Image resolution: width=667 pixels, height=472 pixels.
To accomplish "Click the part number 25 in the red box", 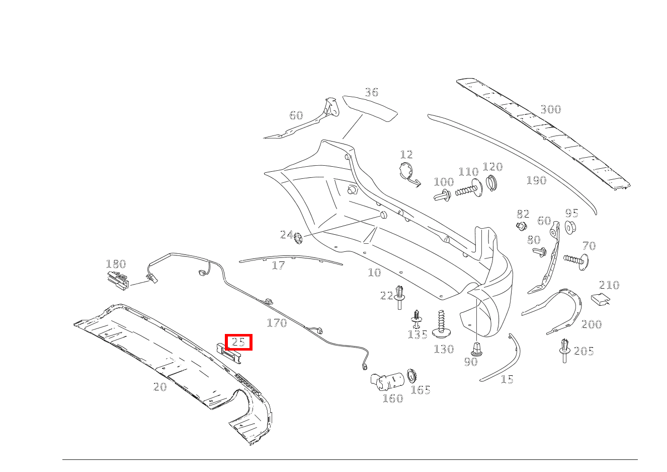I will point(238,343).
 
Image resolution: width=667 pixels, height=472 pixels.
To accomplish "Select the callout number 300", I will point(550,109).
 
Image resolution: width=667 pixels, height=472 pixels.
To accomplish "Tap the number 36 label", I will point(371,92).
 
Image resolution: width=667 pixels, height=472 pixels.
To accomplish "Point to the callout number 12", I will point(406,155).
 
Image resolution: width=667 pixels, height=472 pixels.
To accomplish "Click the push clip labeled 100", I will point(442,195).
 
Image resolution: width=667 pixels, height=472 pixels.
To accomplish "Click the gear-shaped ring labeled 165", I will point(413,375).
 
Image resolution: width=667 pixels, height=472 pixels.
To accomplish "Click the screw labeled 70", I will point(576,260).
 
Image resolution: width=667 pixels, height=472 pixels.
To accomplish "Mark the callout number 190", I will point(536,180).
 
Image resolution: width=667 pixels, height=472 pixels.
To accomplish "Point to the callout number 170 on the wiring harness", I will point(277,323).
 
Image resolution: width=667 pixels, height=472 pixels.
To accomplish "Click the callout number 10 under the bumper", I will point(374,273).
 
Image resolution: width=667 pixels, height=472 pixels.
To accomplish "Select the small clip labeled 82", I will point(522,226).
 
